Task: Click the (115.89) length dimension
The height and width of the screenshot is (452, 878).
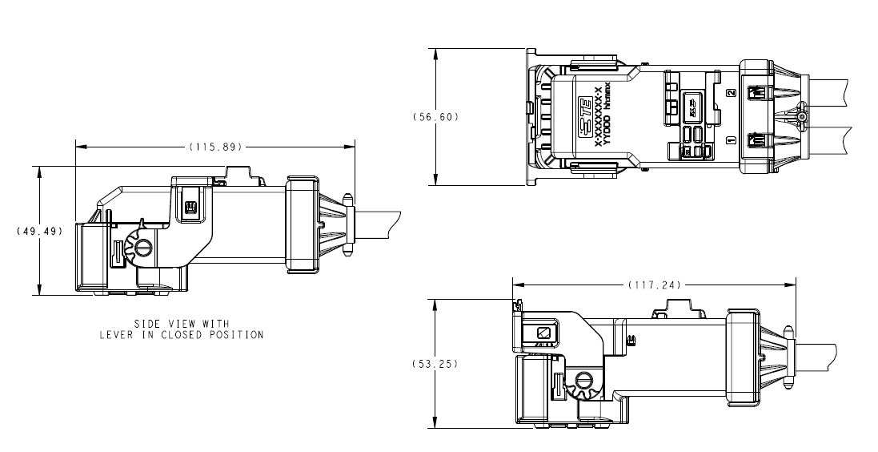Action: click(215, 147)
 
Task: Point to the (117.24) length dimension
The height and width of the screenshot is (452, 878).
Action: click(654, 285)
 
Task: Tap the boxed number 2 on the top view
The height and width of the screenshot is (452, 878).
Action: click(730, 93)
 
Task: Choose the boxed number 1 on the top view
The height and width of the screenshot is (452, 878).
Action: click(730, 140)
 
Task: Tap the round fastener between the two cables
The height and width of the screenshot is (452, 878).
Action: click(802, 118)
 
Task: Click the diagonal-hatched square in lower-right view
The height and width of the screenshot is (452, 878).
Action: click(543, 332)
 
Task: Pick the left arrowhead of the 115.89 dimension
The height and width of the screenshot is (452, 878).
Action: click(79, 147)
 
